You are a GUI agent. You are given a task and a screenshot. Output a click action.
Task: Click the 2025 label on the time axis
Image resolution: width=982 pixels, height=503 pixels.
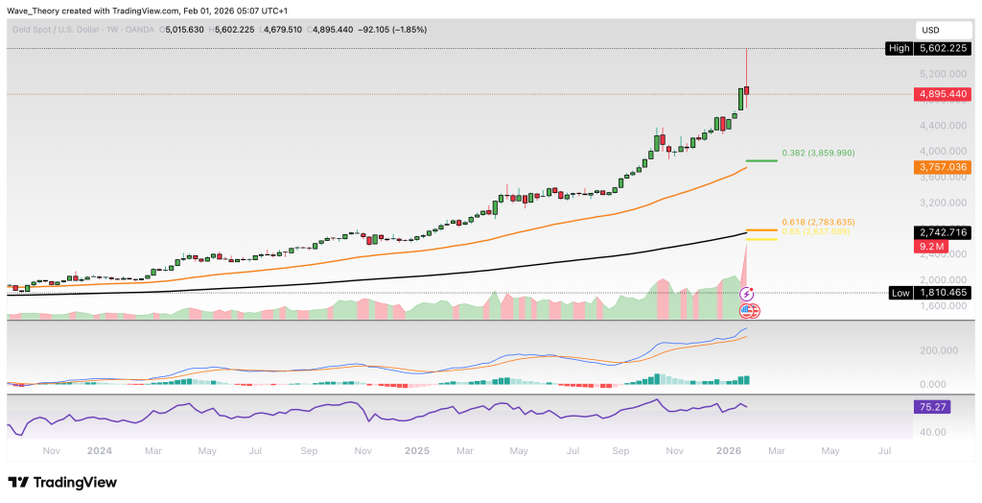click(x=416, y=449)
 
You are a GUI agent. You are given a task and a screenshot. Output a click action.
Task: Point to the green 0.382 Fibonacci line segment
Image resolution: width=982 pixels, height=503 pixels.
click(x=760, y=160)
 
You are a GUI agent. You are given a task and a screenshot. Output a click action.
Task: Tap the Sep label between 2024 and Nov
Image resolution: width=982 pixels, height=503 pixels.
click(x=309, y=449)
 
